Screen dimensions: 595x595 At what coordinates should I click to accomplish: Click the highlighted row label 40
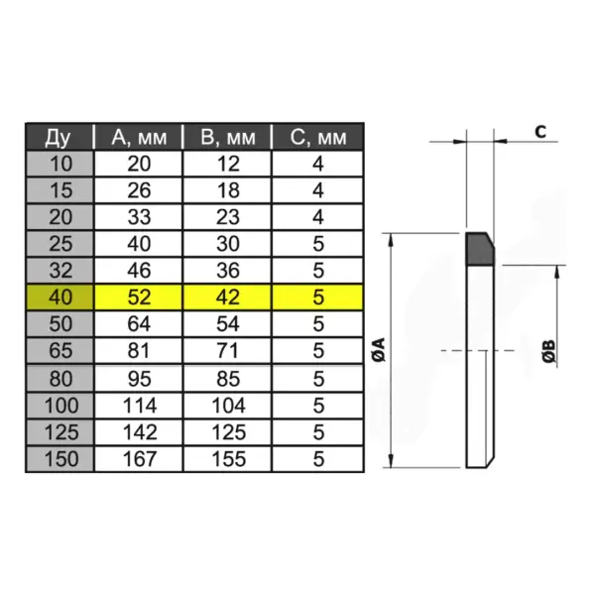[59, 297]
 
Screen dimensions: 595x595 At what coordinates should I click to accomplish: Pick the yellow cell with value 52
[138, 297]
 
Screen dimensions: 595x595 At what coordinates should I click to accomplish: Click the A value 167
[138, 459]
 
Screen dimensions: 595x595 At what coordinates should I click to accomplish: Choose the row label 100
[59, 405]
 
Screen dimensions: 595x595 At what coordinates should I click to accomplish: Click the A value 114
[138, 405]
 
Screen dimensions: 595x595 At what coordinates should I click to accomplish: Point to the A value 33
[138, 216]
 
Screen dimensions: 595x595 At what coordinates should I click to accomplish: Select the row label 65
[59, 350]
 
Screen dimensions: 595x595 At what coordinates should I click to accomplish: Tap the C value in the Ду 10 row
[317, 163]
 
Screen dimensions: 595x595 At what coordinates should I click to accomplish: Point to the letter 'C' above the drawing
[540, 130]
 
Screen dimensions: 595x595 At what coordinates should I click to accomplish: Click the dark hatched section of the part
[481, 249]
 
